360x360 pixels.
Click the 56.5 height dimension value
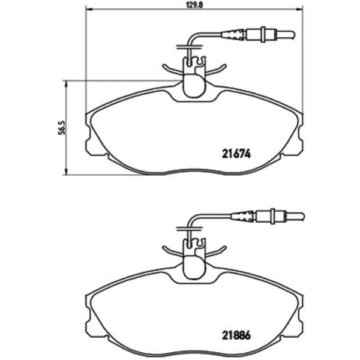pos(62,128)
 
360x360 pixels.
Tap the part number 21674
pos(236,154)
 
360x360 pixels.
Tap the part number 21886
pos(236,335)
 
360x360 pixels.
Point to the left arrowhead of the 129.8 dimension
pos(89,10)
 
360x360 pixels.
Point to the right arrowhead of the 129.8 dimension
pos(299,10)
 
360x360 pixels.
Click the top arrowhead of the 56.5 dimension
pos(66,83)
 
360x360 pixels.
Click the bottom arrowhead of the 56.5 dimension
pos(66,172)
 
